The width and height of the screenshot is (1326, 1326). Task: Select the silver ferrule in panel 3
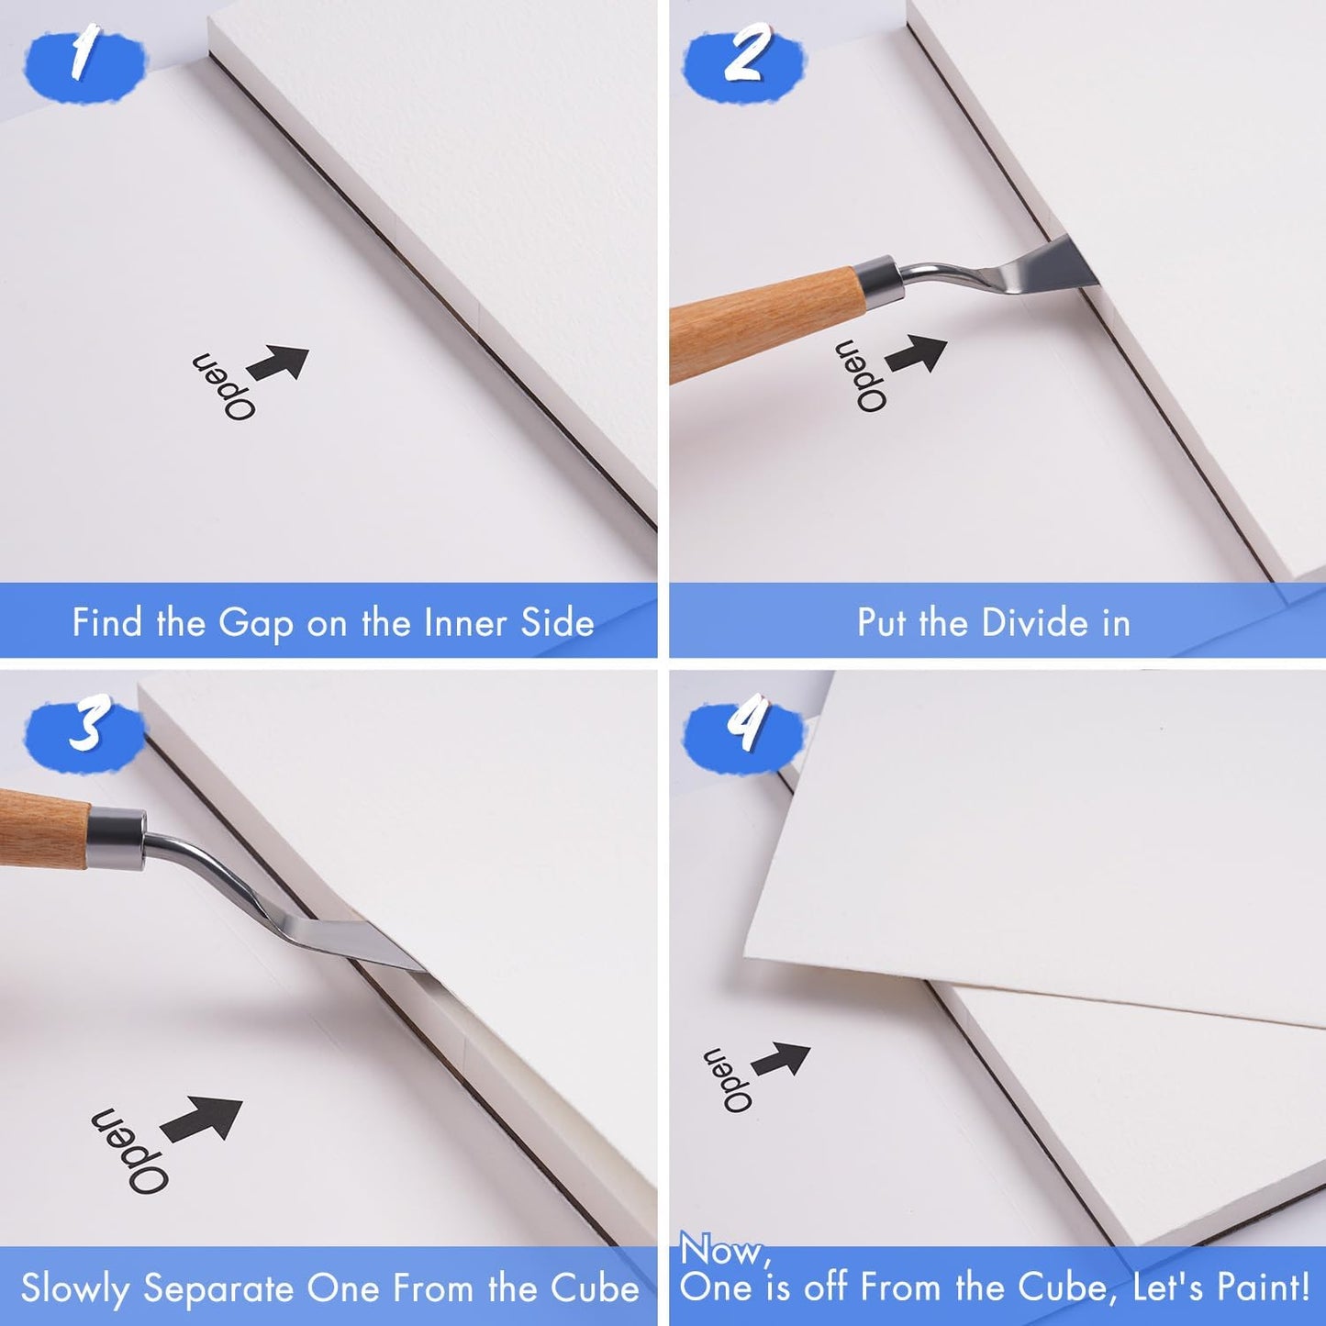tap(117, 841)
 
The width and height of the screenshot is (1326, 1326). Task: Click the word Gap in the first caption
tap(255, 624)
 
